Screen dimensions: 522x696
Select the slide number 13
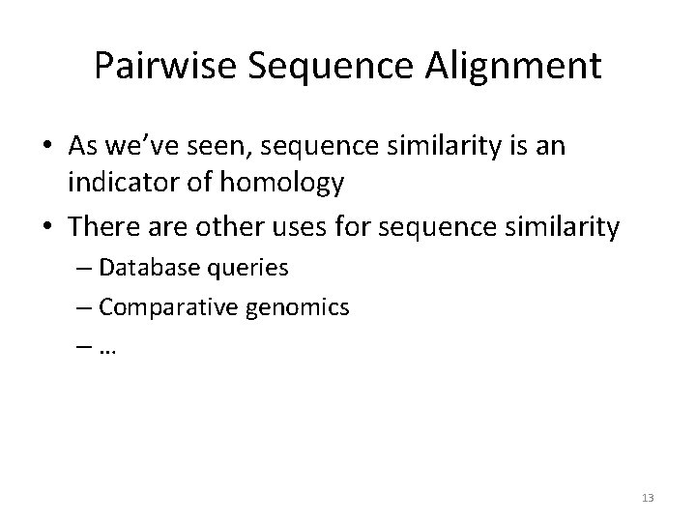pos(647,498)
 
